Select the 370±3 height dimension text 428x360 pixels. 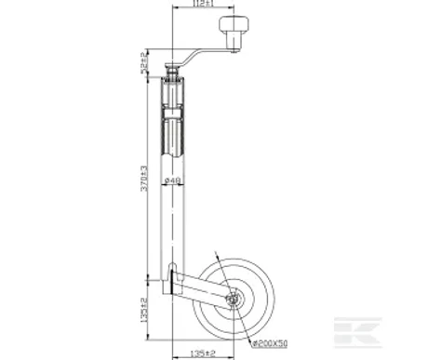[145, 179]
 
